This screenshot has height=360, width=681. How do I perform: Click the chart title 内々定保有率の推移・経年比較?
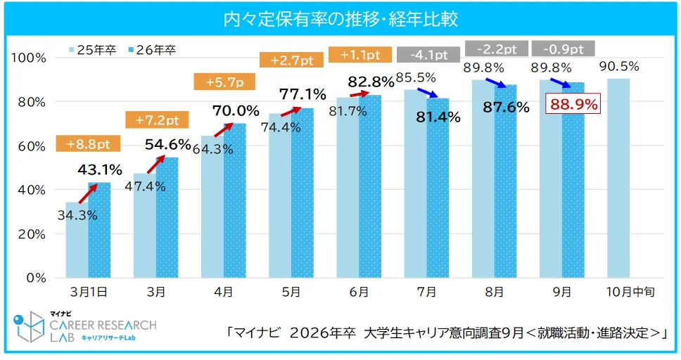(340, 18)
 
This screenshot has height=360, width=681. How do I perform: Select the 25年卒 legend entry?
(92, 50)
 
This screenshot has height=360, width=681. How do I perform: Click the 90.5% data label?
(619, 67)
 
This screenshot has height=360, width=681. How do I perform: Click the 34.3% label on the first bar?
(77, 216)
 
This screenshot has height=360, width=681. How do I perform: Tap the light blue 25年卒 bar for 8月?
(483, 179)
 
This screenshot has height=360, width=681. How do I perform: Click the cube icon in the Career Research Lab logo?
(29, 327)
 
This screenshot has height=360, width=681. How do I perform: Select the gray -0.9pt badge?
(563, 49)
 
